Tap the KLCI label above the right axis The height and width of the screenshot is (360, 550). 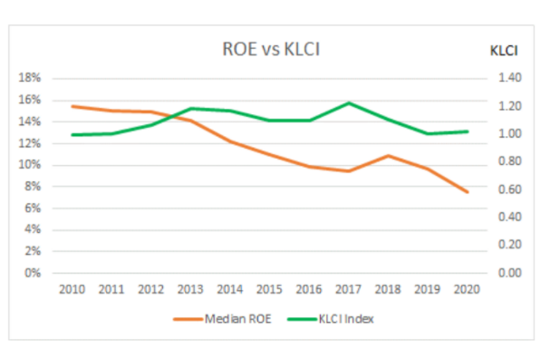click(504, 52)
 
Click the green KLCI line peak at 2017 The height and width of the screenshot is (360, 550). click(349, 102)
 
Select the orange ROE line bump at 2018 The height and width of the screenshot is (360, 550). click(389, 155)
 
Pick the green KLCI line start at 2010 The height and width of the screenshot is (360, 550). click(72, 135)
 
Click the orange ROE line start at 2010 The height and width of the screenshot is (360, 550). click(72, 106)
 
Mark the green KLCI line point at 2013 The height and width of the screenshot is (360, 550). click(190, 109)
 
